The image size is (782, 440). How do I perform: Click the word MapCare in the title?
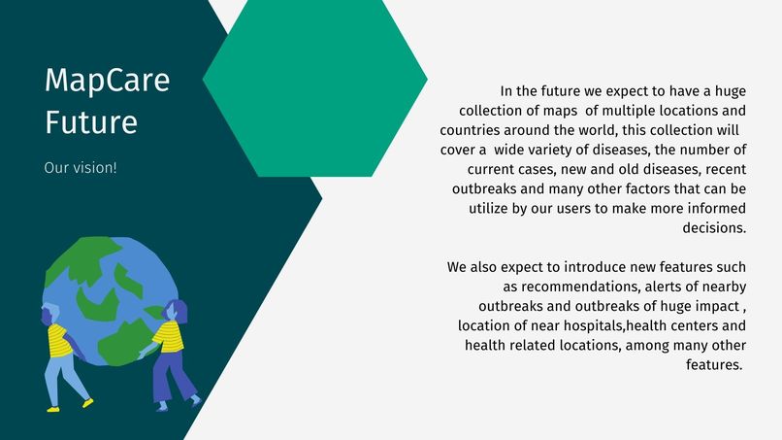click(x=107, y=82)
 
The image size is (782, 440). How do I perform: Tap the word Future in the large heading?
click(x=90, y=124)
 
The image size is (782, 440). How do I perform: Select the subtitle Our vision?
click(x=81, y=168)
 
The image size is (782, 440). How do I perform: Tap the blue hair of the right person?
click(x=178, y=310)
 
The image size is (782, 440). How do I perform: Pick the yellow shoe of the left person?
click(x=87, y=402)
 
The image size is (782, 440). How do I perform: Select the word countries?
click(x=471, y=130)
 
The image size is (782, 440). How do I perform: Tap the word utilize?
click(x=493, y=208)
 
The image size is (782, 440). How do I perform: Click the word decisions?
click(x=715, y=227)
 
